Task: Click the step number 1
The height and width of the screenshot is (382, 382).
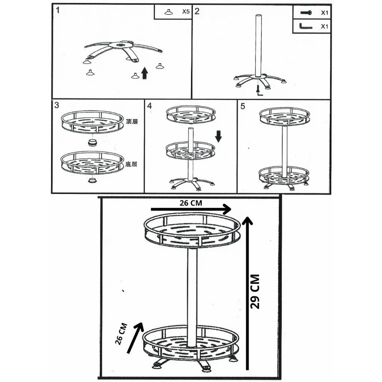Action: (x=58, y=10)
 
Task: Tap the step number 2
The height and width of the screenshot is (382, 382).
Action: (x=197, y=11)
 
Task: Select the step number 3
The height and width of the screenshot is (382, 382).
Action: (x=57, y=105)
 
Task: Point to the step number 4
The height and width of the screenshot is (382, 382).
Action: (x=150, y=106)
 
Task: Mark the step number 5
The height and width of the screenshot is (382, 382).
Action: (x=242, y=106)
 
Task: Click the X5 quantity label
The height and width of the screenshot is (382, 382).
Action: (x=186, y=12)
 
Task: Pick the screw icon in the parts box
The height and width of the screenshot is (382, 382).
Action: (x=306, y=12)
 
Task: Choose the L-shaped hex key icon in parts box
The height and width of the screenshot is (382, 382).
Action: (x=306, y=26)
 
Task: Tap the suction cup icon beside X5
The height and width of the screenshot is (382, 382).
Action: (x=169, y=12)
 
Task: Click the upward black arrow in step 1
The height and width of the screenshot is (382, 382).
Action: (x=145, y=73)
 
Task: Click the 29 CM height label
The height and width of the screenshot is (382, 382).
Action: (x=255, y=292)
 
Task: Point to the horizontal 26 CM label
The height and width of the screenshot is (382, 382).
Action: (x=191, y=203)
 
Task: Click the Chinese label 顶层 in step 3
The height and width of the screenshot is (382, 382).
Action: (x=132, y=121)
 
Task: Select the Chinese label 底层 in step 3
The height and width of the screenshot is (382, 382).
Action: (x=131, y=164)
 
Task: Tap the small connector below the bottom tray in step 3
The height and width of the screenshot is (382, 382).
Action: (x=92, y=181)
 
